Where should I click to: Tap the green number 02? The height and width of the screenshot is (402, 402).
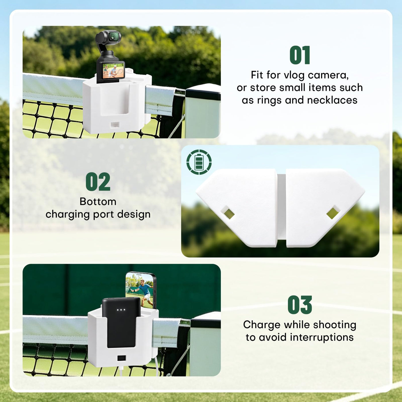pyautogui.click(x=98, y=181)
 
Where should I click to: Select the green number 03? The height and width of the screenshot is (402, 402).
pyautogui.click(x=300, y=305)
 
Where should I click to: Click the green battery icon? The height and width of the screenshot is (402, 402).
pyautogui.click(x=199, y=162)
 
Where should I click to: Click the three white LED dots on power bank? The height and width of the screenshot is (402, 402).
pyautogui.click(x=121, y=310)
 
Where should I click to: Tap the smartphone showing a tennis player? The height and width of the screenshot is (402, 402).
pyautogui.click(x=141, y=290)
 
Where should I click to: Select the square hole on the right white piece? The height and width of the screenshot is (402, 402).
pyautogui.click(x=333, y=212)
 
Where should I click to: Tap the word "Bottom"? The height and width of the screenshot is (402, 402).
pyautogui.click(x=98, y=202)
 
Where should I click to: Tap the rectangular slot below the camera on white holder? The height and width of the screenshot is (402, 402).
pyautogui.click(x=115, y=125)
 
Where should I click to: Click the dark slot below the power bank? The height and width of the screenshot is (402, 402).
pyautogui.click(x=121, y=358)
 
